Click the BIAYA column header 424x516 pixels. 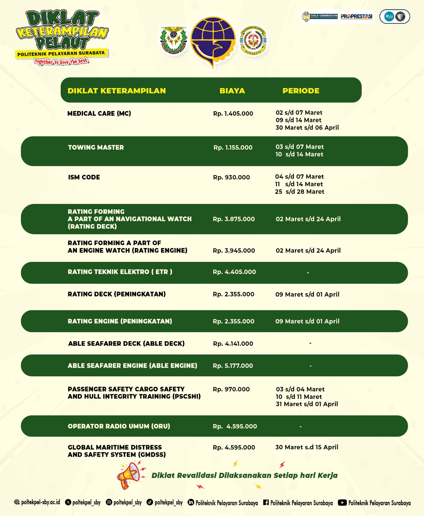(232, 91)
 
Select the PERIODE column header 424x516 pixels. (301, 91)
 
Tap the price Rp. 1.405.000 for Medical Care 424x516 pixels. (233, 114)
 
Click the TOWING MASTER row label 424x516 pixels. (96, 147)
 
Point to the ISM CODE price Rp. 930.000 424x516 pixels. (231, 177)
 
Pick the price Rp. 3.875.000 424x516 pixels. (234, 219)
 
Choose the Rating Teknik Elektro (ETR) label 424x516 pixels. (120, 272)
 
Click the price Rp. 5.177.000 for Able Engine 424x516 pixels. (233, 366)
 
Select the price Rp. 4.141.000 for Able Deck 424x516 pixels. (233, 344)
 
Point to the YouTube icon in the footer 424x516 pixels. (342, 502)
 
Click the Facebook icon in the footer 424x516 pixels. (266, 502)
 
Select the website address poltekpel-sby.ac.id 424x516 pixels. (40, 502)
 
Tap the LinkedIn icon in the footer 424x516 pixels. (191, 502)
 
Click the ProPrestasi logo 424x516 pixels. (356, 16)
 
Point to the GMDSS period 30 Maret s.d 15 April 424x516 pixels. (307, 447)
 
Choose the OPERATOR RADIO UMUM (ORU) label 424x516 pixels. (119, 426)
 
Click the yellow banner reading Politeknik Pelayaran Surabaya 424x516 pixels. (61, 54)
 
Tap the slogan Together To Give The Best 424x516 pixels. (61, 61)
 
